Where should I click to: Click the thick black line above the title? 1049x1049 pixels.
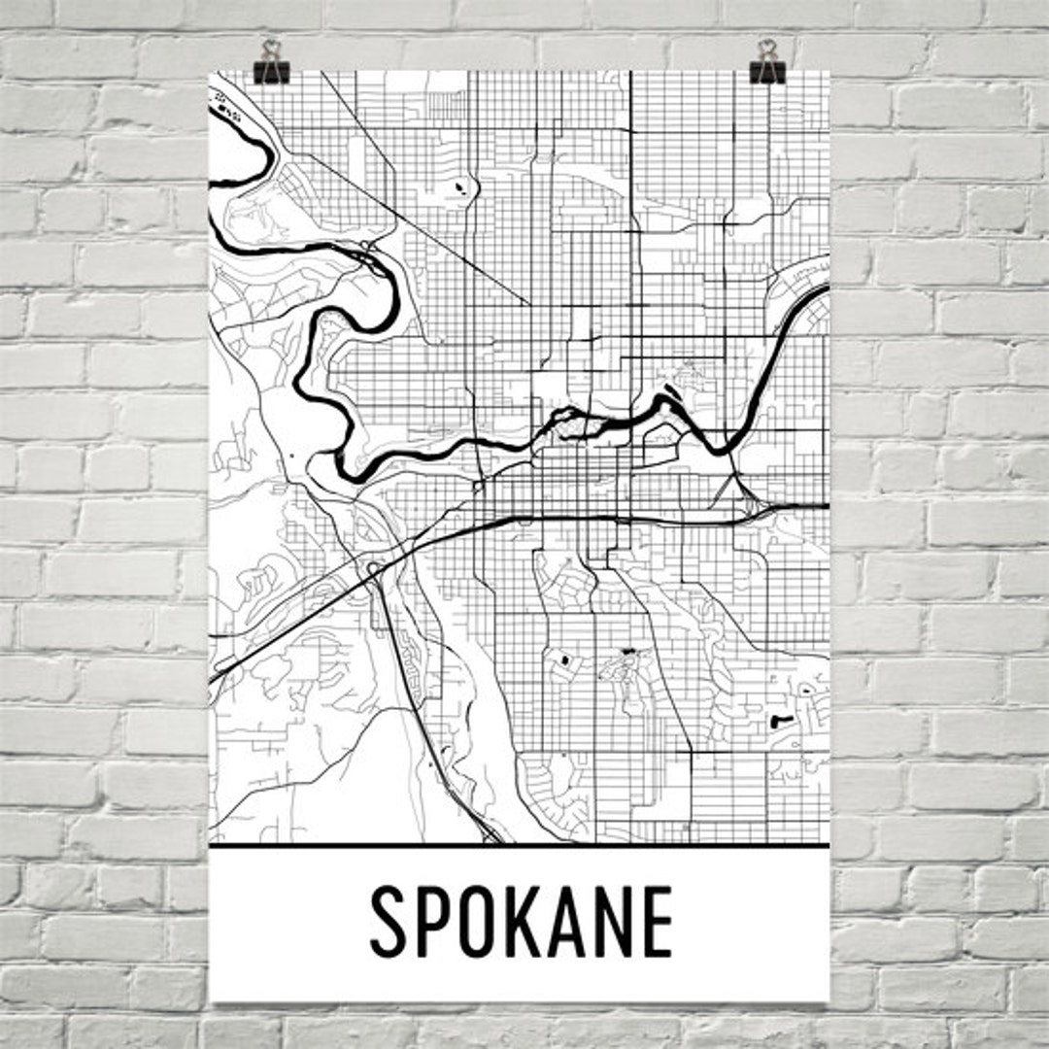(x=520, y=846)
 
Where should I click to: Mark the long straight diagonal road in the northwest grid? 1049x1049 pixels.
(x=427, y=233)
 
